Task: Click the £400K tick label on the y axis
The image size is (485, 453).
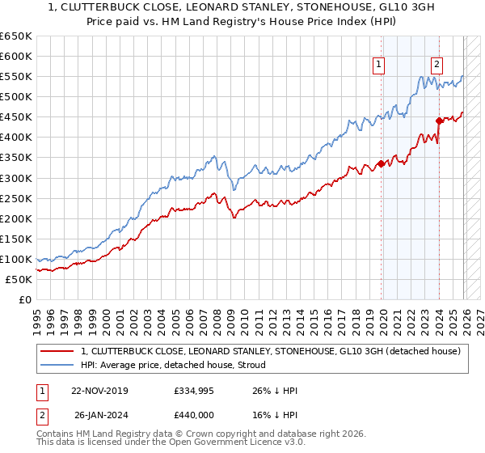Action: click(15, 137)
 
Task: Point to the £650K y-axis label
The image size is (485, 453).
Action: click(15, 36)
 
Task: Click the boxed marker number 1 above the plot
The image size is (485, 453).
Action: click(379, 66)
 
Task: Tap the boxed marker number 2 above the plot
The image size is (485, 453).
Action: click(436, 66)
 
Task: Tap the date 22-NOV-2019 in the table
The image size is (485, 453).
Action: click(99, 391)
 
